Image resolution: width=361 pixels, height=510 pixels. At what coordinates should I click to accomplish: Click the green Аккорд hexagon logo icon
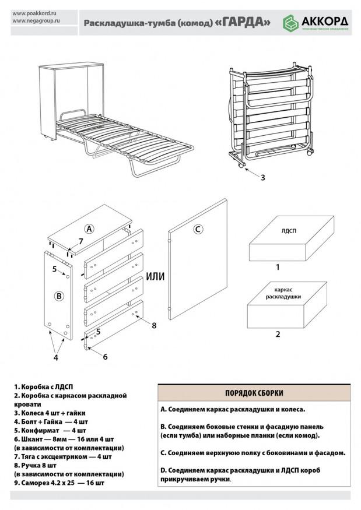click(x=290, y=23)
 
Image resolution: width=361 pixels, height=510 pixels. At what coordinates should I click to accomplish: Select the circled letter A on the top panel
click(x=89, y=228)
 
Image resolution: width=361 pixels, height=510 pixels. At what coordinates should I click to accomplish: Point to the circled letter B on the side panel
click(x=58, y=296)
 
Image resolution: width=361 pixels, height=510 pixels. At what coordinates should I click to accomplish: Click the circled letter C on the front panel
click(x=198, y=229)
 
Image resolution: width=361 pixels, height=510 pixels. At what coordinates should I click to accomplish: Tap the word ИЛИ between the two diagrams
click(x=155, y=276)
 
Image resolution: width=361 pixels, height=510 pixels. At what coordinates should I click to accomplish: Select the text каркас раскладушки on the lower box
click(x=283, y=293)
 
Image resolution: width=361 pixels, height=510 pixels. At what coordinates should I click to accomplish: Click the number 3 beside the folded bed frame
click(x=262, y=177)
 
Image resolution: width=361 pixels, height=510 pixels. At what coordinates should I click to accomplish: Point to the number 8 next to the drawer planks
click(x=154, y=325)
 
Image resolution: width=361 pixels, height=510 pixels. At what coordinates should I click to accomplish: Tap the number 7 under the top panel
click(x=81, y=241)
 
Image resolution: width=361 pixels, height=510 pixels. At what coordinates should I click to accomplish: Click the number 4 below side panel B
click(x=56, y=358)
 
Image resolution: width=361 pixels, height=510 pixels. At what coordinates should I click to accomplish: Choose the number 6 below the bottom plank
click(x=105, y=356)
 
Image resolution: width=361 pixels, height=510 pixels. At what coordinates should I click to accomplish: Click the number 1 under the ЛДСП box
click(x=278, y=268)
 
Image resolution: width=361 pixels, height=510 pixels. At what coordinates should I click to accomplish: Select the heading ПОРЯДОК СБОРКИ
click(x=254, y=393)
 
